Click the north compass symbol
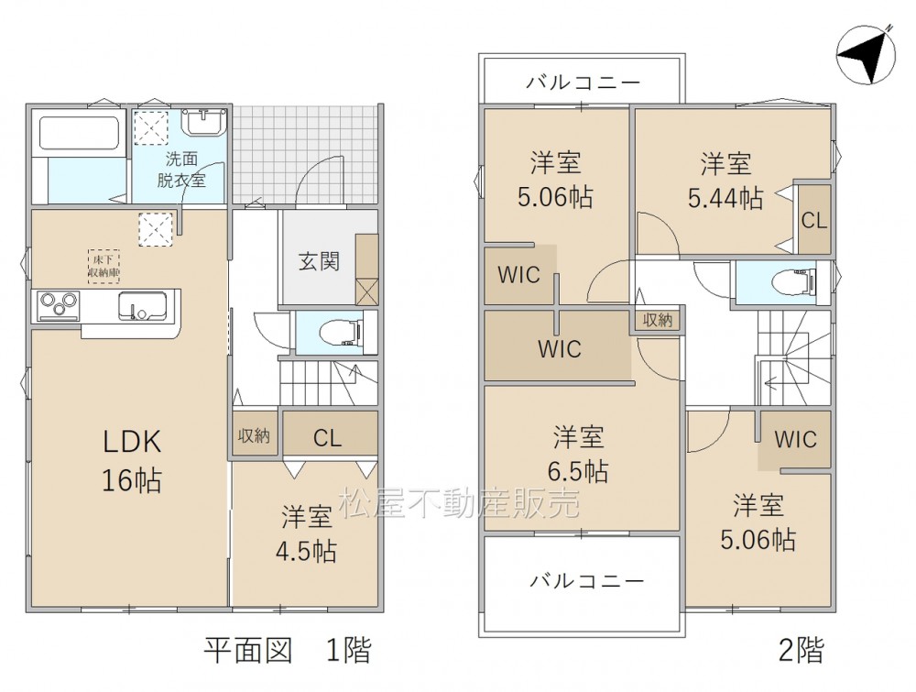tap(866, 55)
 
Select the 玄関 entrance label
tap(319, 261)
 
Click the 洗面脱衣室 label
tap(181, 170)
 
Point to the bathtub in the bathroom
tap(80, 134)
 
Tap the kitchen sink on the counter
tap(143, 306)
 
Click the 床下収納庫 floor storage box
tap(104, 267)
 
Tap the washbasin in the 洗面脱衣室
tap(204, 123)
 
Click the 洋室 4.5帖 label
tap(307, 533)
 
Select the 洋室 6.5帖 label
tap(578, 454)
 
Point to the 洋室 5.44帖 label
tap(725, 181)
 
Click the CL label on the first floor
tap(327, 438)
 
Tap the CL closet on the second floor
tap(814, 220)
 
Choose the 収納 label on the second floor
tap(658, 320)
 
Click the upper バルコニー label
tap(583, 83)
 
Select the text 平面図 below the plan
tap(247, 649)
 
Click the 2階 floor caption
tap(801, 649)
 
